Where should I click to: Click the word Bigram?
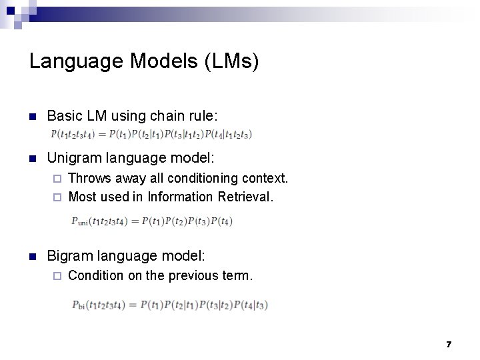click(70, 255)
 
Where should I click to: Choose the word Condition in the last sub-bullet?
click(96, 275)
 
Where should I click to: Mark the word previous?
click(185, 275)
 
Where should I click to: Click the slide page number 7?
click(449, 344)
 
